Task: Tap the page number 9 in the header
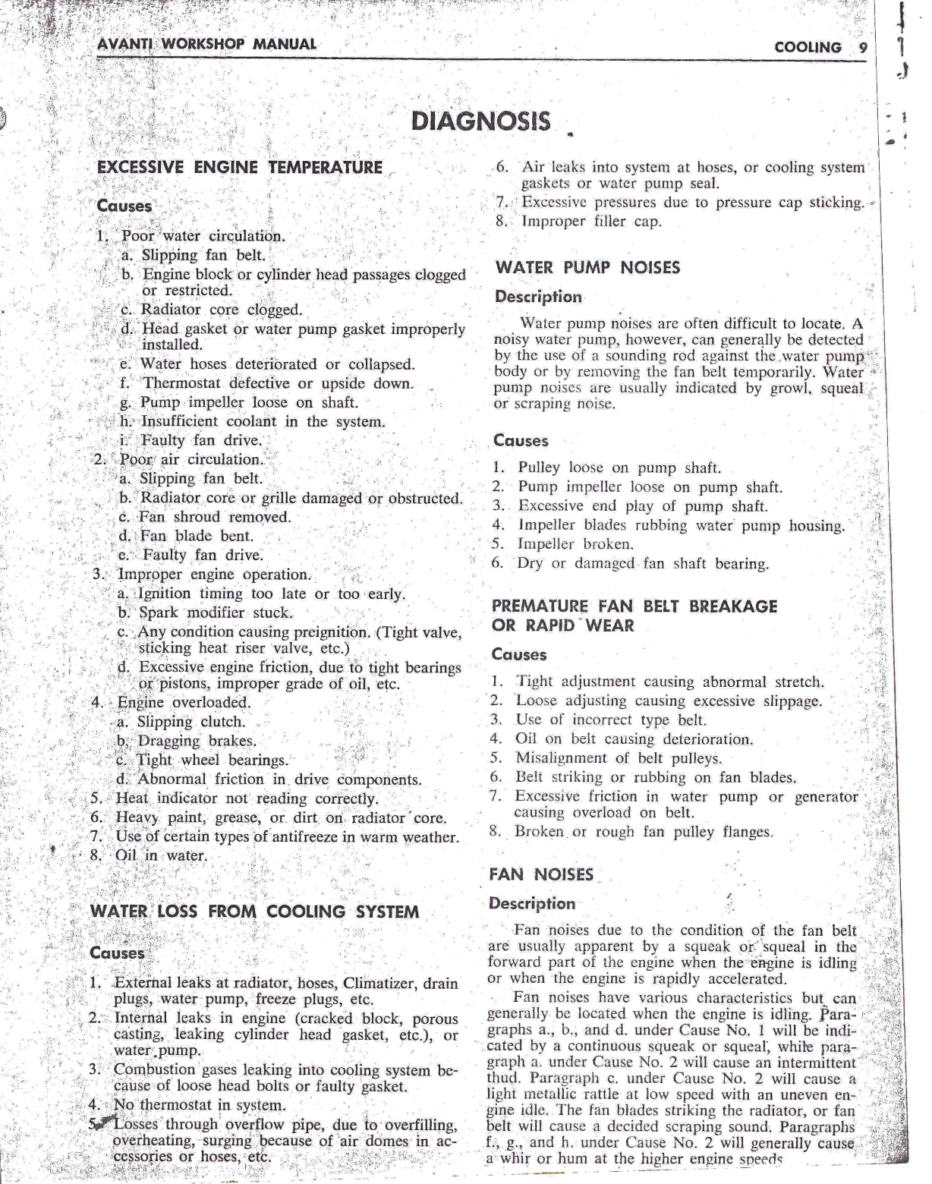862,47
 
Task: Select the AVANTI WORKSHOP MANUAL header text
207,43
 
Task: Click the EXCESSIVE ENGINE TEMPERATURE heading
240,168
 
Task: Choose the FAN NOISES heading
541,874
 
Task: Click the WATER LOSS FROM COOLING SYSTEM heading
254,912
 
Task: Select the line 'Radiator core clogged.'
211,310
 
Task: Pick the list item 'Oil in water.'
160,856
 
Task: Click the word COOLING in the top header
808,47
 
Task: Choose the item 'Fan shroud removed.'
215,517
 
